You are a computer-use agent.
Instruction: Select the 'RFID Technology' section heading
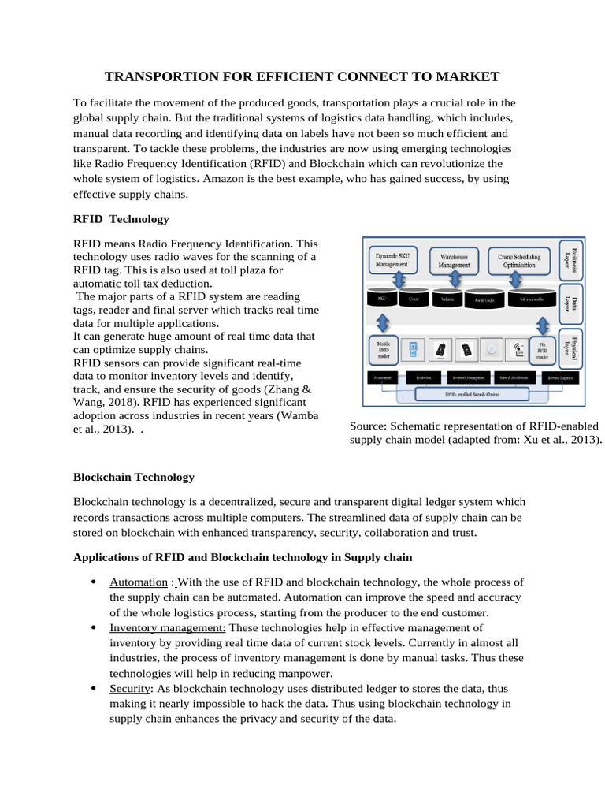(121, 218)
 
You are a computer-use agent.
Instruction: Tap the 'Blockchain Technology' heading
(133, 477)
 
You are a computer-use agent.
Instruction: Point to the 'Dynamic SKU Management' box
(392, 259)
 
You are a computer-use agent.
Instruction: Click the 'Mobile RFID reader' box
(383, 349)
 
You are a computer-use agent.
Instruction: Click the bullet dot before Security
(94, 689)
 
